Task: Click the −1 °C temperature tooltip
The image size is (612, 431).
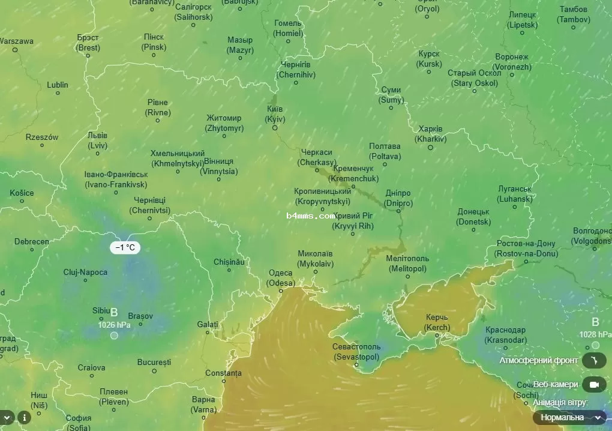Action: [x=125, y=247]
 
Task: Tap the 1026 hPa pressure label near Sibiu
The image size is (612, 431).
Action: [x=114, y=325]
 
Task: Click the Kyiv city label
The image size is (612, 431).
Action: [x=275, y=114]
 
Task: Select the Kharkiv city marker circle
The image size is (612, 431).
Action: [x=430, y=147]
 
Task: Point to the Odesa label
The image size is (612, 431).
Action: [x=281, y=278]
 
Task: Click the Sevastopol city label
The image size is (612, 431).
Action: [x=356, y=352]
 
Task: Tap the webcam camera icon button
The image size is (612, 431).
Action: [x=594, y=384]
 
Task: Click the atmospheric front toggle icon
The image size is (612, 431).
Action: [x=594, y=360]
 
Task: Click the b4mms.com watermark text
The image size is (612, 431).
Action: [x=310, y=216]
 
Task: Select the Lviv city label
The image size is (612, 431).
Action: [x=98, y=140]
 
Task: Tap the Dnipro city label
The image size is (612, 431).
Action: [x=398, y=198]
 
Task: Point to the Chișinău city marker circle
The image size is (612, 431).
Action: [x=229, y=270]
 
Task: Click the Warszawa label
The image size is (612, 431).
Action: [x=16, y=41]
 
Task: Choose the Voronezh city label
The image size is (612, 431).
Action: [x=512, y=62]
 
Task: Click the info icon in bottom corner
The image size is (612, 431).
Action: [x=24, y=417]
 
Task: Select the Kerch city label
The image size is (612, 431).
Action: [x=437, y=322]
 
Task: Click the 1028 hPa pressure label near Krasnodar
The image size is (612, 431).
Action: [x=595, y=334]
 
